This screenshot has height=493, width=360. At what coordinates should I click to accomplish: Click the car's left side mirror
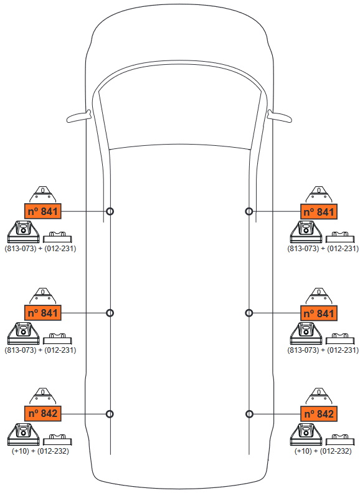[x=78, y=117]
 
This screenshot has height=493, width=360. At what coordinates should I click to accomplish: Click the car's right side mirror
[x=280, y=117]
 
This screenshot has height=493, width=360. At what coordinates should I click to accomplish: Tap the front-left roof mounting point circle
[x=110, y=211]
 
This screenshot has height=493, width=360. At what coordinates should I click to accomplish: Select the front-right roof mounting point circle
[x=249, y=211]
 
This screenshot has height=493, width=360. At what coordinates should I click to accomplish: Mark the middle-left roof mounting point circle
[x=110, y=313]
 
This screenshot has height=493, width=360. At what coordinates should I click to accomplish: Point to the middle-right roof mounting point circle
[x=249, y=313]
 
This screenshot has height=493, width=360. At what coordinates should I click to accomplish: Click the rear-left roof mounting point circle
[x=110, y=414]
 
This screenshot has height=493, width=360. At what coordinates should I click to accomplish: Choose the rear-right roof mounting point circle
[x=249, y=414]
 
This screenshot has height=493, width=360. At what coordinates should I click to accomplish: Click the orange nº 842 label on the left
[x=43, y=413]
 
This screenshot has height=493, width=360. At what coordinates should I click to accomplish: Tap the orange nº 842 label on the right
[x=319, y=414]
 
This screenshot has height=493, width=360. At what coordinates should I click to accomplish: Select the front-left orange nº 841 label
[x=43, y=211]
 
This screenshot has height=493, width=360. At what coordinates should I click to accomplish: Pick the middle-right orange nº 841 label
[x=319, y=313]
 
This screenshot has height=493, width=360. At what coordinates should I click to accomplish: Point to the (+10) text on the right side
[x=303, y=451]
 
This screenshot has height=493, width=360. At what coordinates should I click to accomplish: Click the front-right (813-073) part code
[x=303, y=249]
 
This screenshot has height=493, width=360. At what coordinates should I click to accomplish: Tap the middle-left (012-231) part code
[x=60, y=350]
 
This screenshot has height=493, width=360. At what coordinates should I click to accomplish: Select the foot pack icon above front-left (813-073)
[x=23, y=232]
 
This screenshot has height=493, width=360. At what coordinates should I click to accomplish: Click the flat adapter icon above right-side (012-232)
[x=340, y=440]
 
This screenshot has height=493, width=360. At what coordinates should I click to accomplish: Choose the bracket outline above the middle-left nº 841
[x=43, y=295]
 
